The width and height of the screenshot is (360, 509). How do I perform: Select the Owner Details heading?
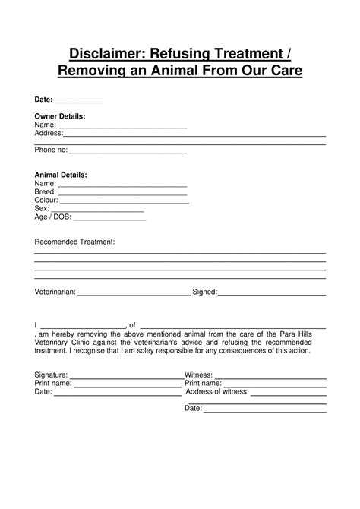click(60, 116)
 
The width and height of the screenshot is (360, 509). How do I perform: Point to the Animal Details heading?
click(61, 175)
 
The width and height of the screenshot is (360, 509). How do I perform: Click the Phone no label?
click(51, 150)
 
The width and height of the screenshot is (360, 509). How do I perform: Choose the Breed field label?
click(45, 192)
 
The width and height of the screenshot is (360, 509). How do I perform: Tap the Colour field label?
click(46, 201)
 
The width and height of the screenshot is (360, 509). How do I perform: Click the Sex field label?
click(42, 209)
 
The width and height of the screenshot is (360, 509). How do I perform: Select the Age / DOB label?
click(52, 217)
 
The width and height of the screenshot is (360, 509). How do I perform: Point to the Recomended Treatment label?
click(74, 242)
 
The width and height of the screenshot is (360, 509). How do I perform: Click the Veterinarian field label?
click(55, 292)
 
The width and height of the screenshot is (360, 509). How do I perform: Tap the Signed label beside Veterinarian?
click(204, 292)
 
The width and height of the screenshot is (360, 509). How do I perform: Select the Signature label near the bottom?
click(51, 375)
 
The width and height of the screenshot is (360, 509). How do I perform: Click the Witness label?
click(198, 375)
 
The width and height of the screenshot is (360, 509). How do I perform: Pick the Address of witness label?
click(217, 392)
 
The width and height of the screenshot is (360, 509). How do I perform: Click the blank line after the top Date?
click(79, 100)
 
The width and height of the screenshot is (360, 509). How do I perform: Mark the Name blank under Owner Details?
click(122, 125)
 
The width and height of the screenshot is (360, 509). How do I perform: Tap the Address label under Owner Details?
click(49, 134)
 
